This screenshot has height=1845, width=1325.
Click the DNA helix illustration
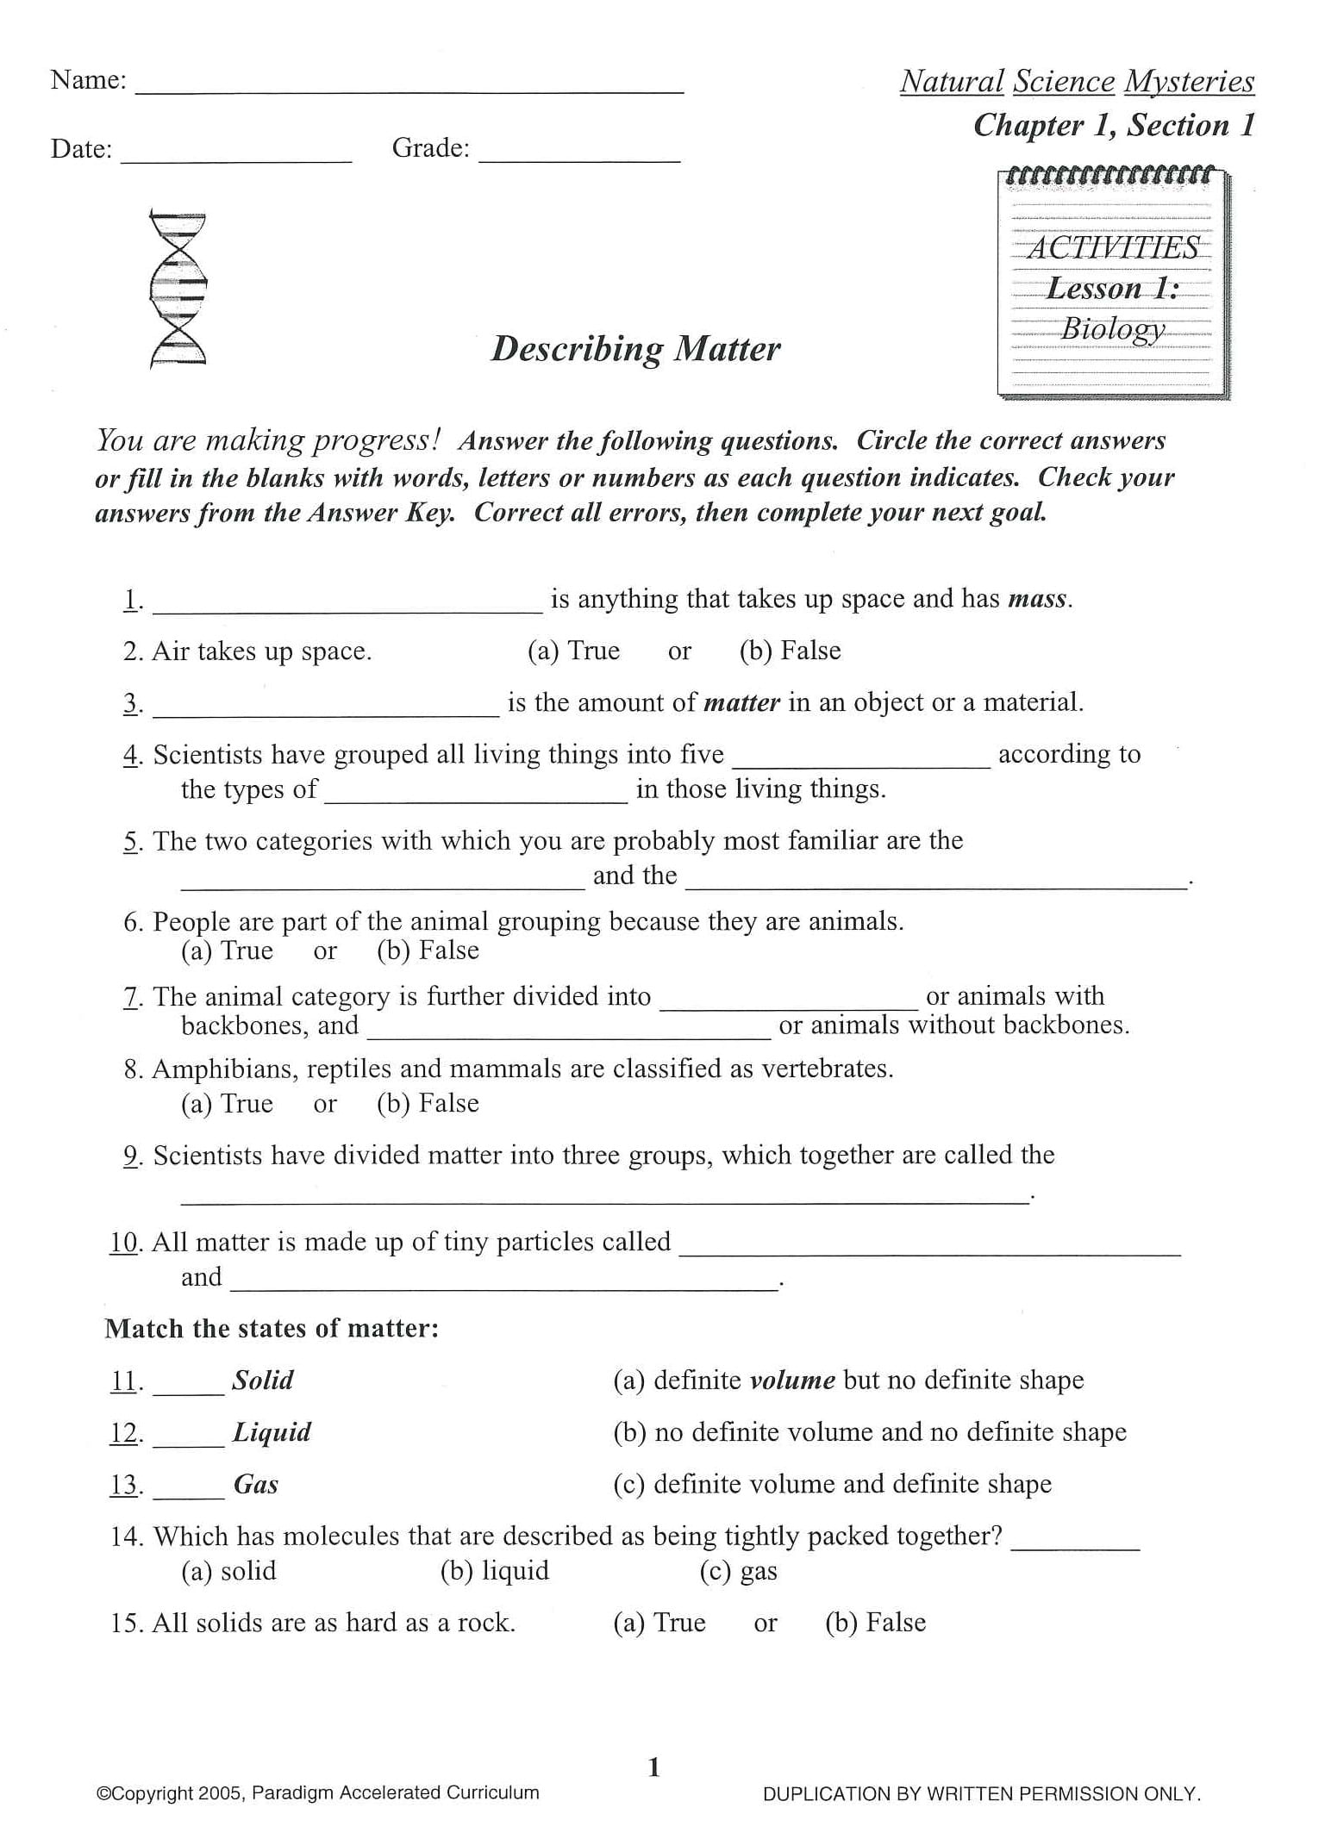pyautogui.click(x=178, y=288)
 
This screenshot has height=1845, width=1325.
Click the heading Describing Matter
pyautogui.click(x=635, y=349)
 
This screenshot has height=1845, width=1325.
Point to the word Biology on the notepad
pyautogui.click(x=1112, y=328)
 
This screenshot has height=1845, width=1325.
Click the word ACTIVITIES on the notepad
pyautogui.click(x=1112, y=248)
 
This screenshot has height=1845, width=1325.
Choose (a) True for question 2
pyautogui.click(x=573, y=651)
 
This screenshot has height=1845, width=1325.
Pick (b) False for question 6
pyautogui.click(x=428, y=951)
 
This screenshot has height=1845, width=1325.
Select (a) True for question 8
pyautogui.click(x=227, y=1104)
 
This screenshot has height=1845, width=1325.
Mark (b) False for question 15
pyautogui.click(x=875, y=1623)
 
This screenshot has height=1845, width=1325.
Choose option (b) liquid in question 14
pyautogui.click(x=494, y=1571)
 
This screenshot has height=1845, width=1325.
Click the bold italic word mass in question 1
pyautogui.click(x=1038, y=599)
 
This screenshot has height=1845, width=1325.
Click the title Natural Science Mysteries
pyautogui.click(x=1077, y=82)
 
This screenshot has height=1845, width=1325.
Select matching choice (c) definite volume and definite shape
pyautogui.click(x=832, y=1484)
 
